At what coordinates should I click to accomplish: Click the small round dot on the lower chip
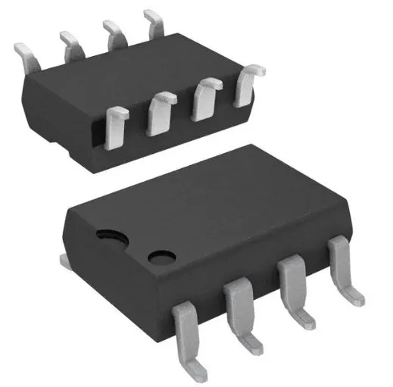coord(161,258)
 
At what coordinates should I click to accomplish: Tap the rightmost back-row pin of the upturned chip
coord(154,22)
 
